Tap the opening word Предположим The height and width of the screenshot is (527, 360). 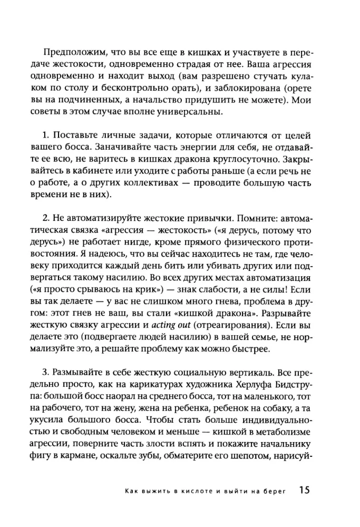pyautogui.click(x=69, y=54)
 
